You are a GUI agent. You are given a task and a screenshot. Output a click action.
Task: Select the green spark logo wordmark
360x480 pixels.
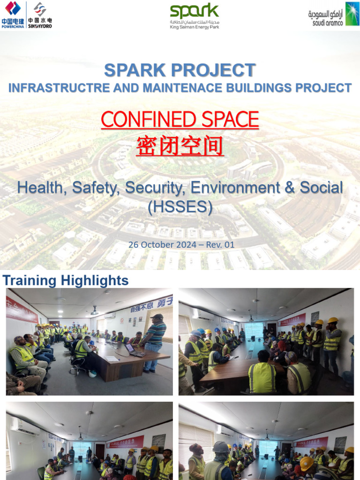(194, 11)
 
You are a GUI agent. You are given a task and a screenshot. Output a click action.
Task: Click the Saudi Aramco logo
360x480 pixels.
(333, 14)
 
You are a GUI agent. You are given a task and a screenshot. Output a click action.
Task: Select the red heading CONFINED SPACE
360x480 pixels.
(180, 120)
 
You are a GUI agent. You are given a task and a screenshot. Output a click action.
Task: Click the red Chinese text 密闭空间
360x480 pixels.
(180, 146)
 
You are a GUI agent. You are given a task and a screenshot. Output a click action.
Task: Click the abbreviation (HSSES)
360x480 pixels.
(180, 206)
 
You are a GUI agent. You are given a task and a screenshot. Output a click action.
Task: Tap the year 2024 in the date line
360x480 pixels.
(190, 245)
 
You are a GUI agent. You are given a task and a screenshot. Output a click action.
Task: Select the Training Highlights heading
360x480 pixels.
(66, 281)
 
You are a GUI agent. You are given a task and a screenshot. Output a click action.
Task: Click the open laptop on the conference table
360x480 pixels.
(132, 349)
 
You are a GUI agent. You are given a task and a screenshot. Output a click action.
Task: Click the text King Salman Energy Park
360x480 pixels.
(194, 27)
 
